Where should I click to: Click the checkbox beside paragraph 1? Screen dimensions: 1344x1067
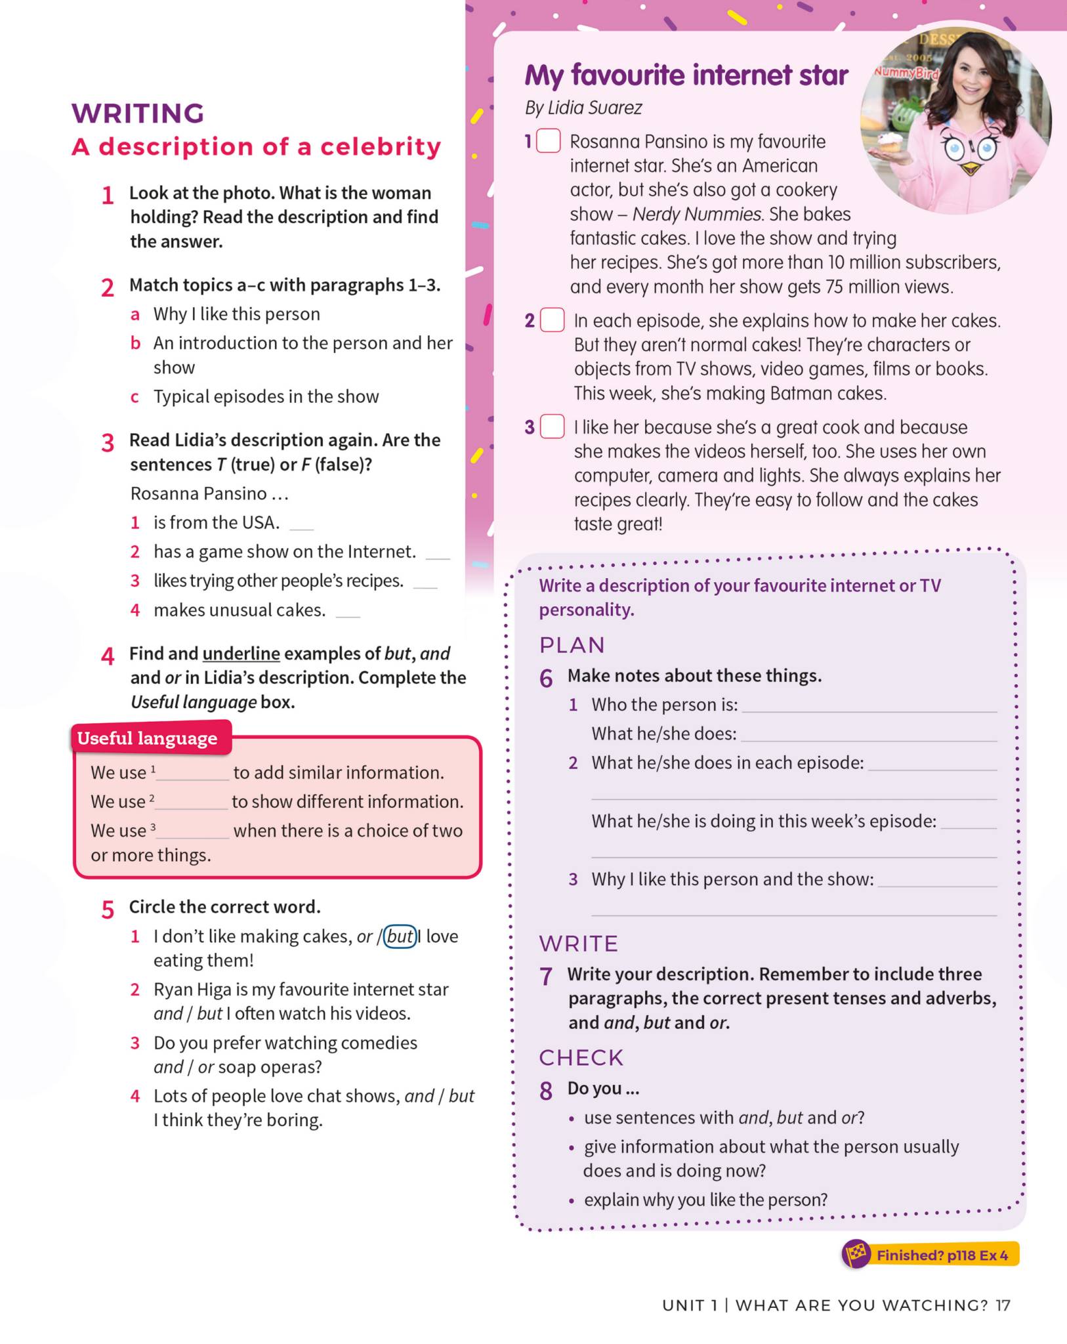549,141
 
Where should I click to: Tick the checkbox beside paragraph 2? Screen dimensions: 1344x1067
552,320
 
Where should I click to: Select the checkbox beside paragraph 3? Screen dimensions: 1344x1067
552,427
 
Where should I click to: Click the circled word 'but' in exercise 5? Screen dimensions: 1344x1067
400,936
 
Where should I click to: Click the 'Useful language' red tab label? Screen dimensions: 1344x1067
148,738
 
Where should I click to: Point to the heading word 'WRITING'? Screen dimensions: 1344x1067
138,113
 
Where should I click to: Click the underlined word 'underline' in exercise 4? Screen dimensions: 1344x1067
241,654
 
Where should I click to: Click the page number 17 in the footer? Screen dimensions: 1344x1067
1003,1305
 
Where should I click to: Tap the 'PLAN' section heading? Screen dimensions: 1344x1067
572,645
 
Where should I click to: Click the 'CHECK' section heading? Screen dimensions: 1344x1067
581,1058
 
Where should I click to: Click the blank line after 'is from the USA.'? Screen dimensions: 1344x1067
302,525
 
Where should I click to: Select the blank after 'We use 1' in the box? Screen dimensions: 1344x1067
192,774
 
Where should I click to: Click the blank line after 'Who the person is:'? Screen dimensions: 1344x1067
868,707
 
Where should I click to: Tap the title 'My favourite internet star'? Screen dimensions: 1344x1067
686,75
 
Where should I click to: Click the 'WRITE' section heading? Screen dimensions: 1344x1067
579,944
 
